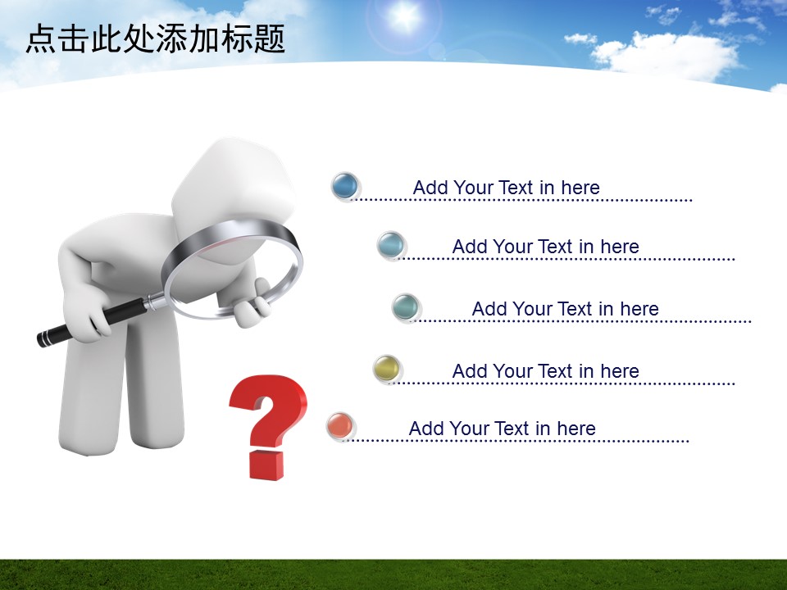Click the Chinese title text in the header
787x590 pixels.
click(155, 39)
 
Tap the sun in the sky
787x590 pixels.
click(404, 16)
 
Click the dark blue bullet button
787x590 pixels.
click(345, 186)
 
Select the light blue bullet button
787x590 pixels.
click(390, 245)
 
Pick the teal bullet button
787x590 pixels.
click(405, 307)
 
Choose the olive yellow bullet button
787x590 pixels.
click(387, 369)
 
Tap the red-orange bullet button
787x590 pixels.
click(340, 426)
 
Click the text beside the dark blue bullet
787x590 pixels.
click(506, 188)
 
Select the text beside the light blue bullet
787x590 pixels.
click(546, 247)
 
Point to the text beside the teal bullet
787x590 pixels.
click(565, 309)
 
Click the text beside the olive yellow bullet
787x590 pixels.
click(546, 371)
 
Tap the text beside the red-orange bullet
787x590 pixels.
click(502, 429)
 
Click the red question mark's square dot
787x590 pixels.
click(266, 465)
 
